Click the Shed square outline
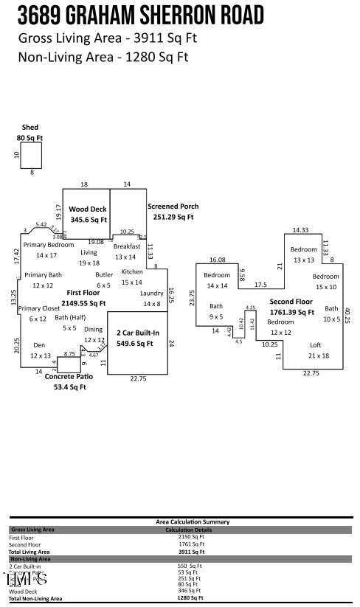point(31,155)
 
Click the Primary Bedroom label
point(49,244)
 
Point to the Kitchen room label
point(132,272)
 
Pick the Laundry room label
point(152,294)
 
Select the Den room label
point(40,345)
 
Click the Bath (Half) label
point(70,318)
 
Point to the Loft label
point(315,345)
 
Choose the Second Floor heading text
point(291,302)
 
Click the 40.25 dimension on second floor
point(347,315)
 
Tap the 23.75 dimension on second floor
point(193,297)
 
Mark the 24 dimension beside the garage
point(172,343)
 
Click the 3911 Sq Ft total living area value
point(191,551)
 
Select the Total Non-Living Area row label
point(35,599)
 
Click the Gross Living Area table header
point(32,530)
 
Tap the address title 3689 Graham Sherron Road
point(140,15)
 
